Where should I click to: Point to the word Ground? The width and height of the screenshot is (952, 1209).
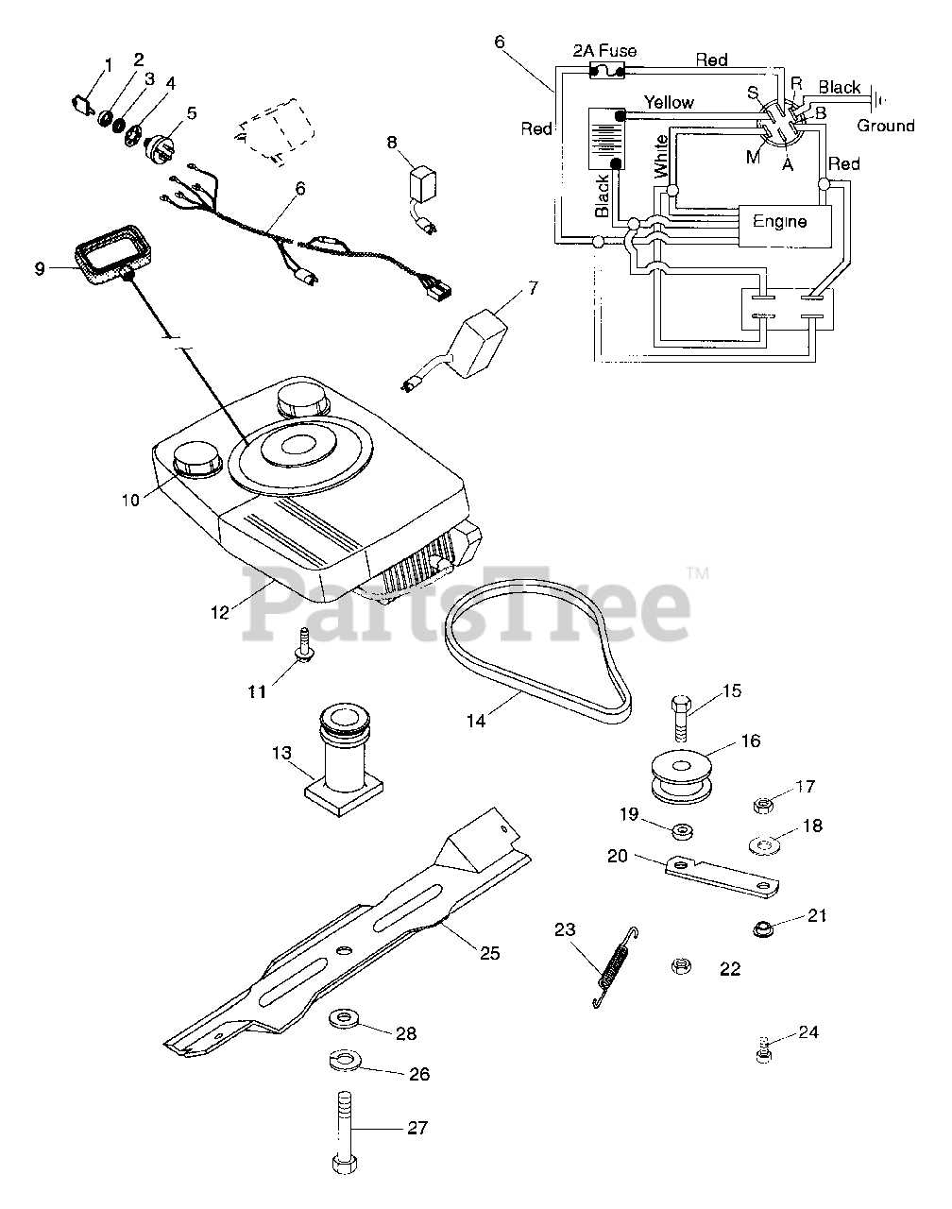(885, 126)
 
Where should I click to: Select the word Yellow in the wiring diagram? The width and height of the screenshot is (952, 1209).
(669, 102)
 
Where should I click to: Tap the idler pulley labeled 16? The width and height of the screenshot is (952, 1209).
(682, 776)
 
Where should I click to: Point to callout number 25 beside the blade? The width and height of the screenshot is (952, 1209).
(488, 953)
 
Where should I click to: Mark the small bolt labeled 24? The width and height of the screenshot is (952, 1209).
(764, 1049)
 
